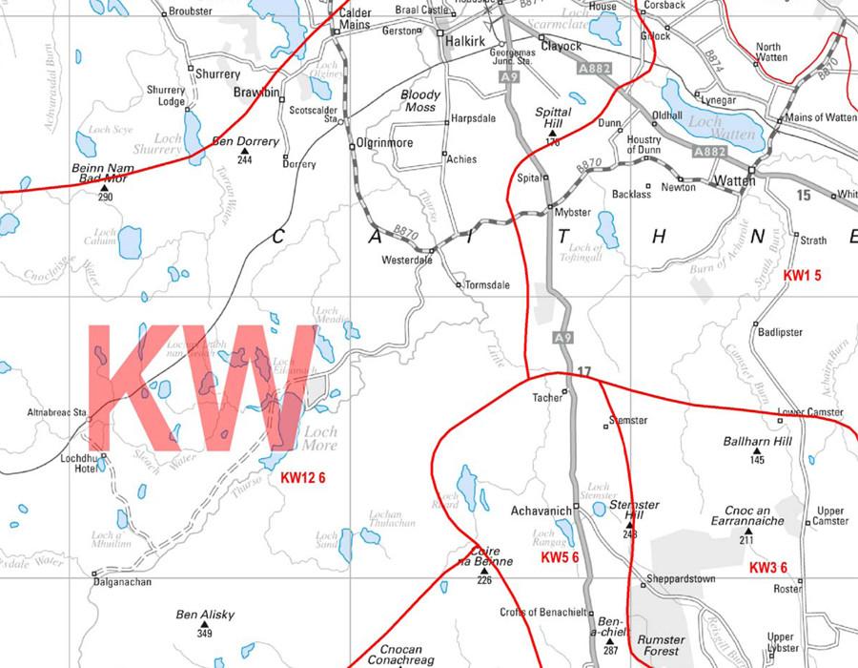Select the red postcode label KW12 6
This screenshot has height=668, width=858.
coord(304,477)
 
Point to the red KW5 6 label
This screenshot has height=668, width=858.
coord(560,556)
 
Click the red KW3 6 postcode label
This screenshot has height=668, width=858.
coord(767,568)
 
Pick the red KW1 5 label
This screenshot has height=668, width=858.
coord(802,275)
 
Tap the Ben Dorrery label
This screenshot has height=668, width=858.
coord(246,141)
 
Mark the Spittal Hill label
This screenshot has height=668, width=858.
coord(553,117)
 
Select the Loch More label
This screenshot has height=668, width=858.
coord(320,438)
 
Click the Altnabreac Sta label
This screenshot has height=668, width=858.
coord(59,413)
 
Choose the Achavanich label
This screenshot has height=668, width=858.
coord(541,511)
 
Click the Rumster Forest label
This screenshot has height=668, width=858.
coord(661,645)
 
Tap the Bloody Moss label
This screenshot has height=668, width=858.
coord(420,101)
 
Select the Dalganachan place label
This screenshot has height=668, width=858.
coord(123,581)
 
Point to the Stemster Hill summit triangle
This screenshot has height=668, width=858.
coord(630,525)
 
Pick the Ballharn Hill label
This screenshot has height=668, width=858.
coord(757,443)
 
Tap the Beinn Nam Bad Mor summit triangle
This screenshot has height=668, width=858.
coord(105,188)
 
